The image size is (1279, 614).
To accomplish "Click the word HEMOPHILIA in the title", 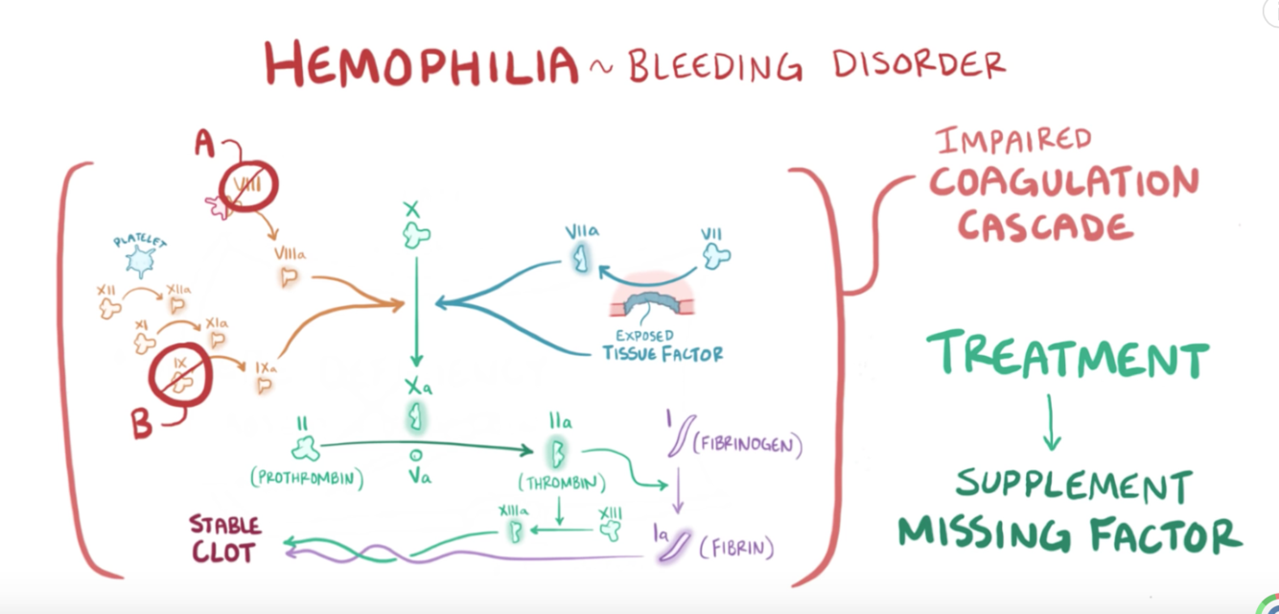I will [x=422, y=63].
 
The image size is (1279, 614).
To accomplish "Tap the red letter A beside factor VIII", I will [x=205, y=144].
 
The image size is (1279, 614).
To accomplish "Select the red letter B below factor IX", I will [x=142, y=423].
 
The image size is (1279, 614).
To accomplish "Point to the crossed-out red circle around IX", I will [x=179, y=370].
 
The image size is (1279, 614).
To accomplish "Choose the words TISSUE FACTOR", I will [x=663, y=353].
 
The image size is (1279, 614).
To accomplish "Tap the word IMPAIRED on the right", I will [x=1014, y=141].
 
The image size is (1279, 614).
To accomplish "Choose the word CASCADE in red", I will [x=1046, y=226].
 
